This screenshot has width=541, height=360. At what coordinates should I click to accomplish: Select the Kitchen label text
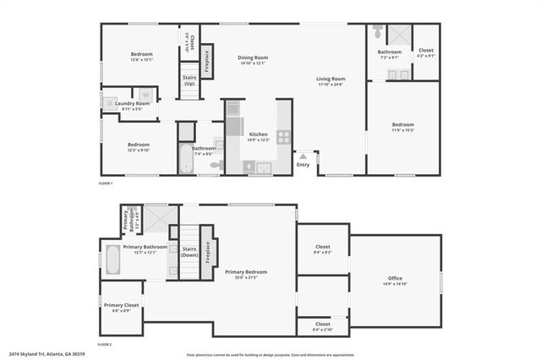point(258,134)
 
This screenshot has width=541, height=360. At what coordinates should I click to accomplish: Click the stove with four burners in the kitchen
point(283,137)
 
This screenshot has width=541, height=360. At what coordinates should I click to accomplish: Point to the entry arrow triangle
point(303,155)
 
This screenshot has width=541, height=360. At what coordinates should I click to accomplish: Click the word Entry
point(303,164)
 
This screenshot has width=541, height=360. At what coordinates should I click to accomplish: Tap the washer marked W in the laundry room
point(145,95)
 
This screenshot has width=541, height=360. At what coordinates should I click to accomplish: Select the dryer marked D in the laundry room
point(108,104)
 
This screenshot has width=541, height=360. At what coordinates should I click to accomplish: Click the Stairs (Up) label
point(189,80)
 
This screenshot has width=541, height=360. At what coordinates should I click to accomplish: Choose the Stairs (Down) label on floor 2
point(189,251)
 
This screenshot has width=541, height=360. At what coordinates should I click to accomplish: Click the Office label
point(395,278)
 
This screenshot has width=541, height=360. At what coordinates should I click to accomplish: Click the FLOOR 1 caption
point(106,183)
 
